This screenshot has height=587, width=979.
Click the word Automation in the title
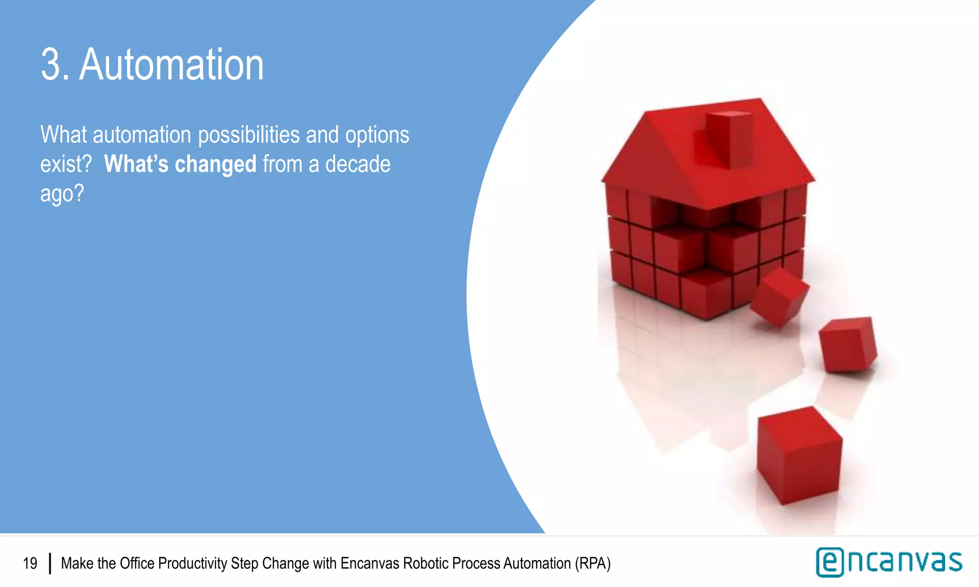(x=172, y=65)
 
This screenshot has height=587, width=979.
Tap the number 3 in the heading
(x=52, y=65)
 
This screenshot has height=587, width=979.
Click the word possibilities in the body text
(x=249, y=135)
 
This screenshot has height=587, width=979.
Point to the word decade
(x=358, y=164)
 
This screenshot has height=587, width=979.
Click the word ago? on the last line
(x=62, y=194)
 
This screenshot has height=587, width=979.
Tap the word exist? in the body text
(x=65, y=164)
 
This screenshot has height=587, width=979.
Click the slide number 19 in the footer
(x=30, y=564)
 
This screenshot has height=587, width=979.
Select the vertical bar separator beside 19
(x=50, y=564)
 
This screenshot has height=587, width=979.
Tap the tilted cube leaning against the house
(x=779, y=298)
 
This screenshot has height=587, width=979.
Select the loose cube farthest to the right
(x=848, y=344)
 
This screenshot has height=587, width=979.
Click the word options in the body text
(x=377, y=135)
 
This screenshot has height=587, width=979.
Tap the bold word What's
(x=136, y=164)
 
